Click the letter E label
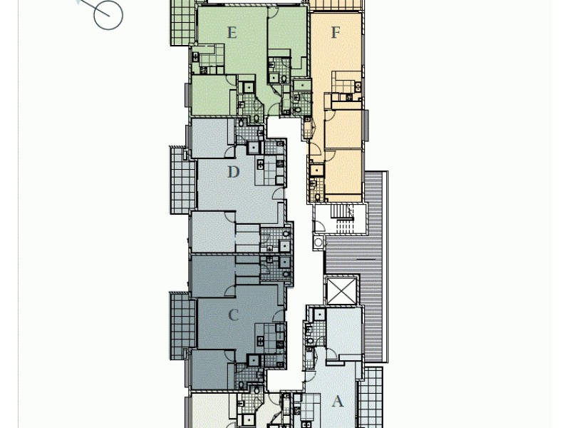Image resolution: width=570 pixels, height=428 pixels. click(232, 32)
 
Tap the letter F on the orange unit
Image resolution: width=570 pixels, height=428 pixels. click(336, 33)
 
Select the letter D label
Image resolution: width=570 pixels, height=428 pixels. click(233, 172)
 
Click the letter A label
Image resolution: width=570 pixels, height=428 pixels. click(338, 402)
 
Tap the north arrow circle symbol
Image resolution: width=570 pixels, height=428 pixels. click(108, 14)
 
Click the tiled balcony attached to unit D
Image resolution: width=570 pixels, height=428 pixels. click(182, 180)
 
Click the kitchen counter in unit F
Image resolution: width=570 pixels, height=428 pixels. click(343, 86)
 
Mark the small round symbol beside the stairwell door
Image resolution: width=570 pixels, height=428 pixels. click(318, 242)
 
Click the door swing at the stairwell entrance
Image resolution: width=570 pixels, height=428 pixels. click(319, 226)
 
